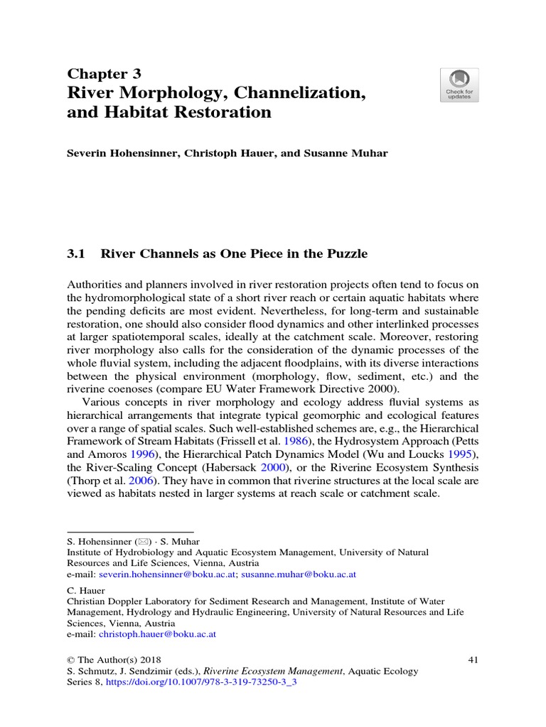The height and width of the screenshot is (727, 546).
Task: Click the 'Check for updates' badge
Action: [x=459, y=85]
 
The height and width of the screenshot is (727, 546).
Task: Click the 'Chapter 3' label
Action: [x=104, y=74]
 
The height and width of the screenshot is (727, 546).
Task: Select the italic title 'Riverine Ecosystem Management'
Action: [x=276, y=671]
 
